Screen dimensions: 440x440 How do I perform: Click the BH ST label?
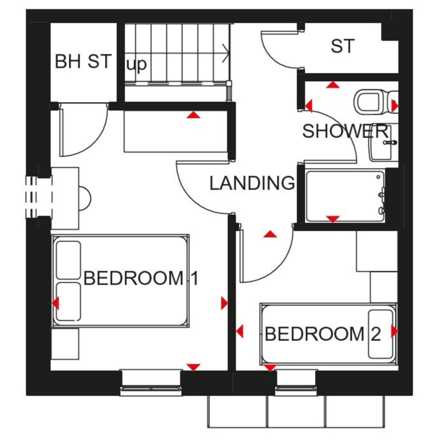(x=83, y=61)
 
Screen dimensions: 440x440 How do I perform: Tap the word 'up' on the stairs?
(x=136, y=65)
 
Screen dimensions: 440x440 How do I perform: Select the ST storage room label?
(x=342, y=46)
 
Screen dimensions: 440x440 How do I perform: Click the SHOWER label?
(x=345, y=131)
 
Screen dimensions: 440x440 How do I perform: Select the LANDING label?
(x=252, y=183)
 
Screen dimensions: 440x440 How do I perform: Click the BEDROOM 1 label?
(x=141, y=278)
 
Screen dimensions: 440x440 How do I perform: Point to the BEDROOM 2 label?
(x=323, y=334)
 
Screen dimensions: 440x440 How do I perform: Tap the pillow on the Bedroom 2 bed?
(x=380, y=334)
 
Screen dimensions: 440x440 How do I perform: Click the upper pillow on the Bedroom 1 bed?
(x=68, y=260)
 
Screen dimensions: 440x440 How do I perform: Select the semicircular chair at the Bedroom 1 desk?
(x=85, y=199)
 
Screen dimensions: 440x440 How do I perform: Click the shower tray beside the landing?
(x=345, y=196)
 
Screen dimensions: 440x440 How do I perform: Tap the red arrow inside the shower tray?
(x=333, y=219)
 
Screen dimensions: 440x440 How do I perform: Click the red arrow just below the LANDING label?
(x=270, y=234)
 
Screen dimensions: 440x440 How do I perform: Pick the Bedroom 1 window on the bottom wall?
(x=151, y=382)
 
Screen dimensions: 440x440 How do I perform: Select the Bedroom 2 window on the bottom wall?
(x=296, y=382)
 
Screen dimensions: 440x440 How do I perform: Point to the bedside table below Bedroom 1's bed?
(x=65, y=343)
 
